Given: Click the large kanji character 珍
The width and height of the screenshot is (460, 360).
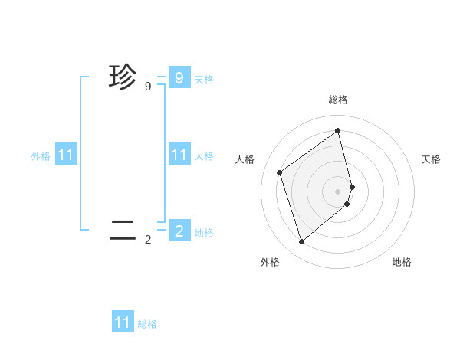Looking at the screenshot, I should click(x=122, y=77).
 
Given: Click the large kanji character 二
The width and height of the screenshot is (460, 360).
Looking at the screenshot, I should click(x=122, y=229).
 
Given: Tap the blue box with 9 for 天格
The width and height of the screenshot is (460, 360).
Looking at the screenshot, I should click(x=179, y=78).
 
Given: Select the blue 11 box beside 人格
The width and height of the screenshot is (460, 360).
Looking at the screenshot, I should click(x=179, y=155).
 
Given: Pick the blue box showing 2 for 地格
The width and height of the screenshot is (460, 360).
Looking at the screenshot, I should click(x=179, y=231).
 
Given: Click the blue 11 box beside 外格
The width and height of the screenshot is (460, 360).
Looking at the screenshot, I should click(x=66, y=155).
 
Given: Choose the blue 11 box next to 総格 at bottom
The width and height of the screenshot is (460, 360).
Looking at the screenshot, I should click(x=123, y=322).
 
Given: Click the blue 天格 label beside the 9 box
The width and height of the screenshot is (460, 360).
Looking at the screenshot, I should click(x=204, y=79).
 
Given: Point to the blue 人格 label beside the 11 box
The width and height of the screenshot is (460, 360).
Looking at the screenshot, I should click(x=204, y=156).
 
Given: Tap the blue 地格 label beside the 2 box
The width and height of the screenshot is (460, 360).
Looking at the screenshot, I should click(x=204, y=232).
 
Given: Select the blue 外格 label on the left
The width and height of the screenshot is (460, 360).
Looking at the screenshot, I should click(x=41, y=156).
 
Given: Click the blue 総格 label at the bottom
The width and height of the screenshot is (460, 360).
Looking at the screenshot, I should click(x=147, y=324).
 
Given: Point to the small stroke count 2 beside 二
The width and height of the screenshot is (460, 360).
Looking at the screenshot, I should click(x=148, y=240).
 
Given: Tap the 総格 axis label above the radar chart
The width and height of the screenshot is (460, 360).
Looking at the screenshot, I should click(x=338, y=100).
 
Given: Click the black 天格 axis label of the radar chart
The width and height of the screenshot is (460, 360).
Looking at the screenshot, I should click(x=431, y=159).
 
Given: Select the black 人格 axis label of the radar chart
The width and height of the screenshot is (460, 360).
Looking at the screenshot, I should click(x=245, y=159).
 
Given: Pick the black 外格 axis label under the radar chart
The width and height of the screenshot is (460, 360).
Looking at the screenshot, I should click(x=270, y=262).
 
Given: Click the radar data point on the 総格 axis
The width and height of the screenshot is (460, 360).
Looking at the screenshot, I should click(x=338, y=129).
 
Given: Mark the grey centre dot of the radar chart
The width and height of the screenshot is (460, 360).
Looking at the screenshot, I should click(x=338, y=190).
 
